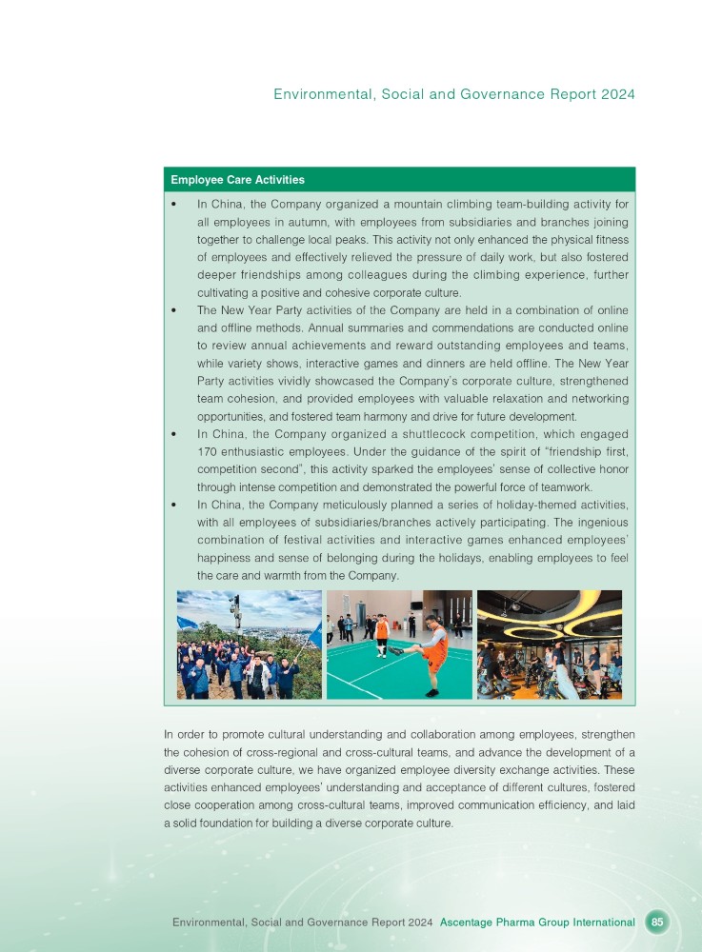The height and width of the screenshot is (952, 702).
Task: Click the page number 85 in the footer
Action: coord(657,922)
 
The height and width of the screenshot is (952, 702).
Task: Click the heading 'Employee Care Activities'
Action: coord(237,180)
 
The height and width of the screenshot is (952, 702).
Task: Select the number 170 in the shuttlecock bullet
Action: coord(210,453)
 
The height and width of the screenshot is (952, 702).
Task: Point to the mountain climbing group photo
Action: coord(249,645)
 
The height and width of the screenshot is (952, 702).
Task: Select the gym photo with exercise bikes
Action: coord(549,645)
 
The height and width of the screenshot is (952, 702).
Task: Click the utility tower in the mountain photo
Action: coord(235,609)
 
